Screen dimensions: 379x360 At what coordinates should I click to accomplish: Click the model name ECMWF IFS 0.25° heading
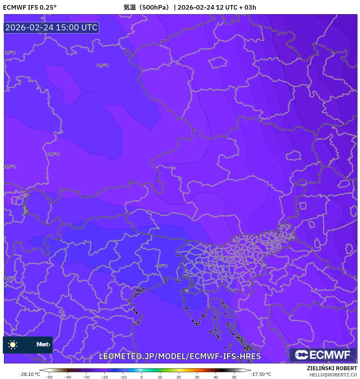[x=30, y=7]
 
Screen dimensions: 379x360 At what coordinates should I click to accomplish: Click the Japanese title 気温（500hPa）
[x=146, y=7]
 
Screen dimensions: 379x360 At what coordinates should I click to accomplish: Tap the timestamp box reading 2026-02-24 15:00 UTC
[x=51, y=27]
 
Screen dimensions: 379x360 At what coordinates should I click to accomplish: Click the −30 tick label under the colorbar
[x=86, y=377]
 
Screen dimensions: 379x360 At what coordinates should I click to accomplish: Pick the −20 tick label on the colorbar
[x=105, y=377]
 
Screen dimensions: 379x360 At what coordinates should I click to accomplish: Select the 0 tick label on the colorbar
[x=142, y=377]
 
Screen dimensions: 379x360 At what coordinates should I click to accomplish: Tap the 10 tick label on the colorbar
[x=160, y=377]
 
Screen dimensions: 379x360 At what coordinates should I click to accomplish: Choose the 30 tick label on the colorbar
[x=197, y=377]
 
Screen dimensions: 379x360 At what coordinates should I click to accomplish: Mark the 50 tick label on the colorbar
[x=234, y=377]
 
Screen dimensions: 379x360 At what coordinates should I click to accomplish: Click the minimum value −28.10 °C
[x=29, y=374]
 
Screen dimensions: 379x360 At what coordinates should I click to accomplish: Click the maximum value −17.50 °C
[x=261, y=374]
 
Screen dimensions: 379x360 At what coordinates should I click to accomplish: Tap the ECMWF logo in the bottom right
[x=323, y=355]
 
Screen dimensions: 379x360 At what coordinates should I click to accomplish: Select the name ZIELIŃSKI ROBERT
[x=332, y=368]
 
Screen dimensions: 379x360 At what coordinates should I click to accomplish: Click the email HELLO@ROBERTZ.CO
[x=333, y=375]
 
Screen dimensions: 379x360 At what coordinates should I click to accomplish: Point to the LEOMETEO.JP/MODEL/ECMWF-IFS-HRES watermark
[x=180, y=356]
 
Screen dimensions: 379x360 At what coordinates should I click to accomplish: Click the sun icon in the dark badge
[x=13, y=344]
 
